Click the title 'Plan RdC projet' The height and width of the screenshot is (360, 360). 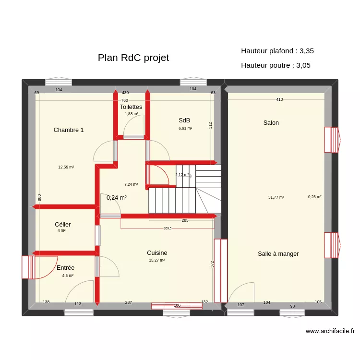pos(133,58)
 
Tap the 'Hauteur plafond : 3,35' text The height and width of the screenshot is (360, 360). pos(277,50)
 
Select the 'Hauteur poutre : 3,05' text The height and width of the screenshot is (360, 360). pos(276,65)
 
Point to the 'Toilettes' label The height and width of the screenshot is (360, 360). pos(131,107)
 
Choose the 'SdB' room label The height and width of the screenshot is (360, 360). pos(184,120)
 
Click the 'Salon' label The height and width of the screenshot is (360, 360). pos(271,123)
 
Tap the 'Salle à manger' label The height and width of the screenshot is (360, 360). pos(278,253)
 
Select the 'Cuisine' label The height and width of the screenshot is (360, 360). pos(157,252)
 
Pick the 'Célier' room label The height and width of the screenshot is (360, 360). pos(63,224)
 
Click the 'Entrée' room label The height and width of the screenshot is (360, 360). pos(65,267)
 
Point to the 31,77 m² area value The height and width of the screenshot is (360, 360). pos(276,197)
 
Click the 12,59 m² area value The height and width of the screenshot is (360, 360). pos(66,167)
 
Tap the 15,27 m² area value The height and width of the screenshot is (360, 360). pos(157,260)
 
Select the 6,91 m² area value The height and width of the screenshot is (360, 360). pos(185,128)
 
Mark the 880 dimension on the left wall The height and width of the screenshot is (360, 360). pos(39,197)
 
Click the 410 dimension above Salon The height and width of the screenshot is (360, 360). pos(279,99)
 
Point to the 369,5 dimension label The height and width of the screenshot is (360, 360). pos(168,228)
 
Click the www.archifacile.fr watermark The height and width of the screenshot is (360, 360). pos(330,331)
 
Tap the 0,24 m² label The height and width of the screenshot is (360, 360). pos(117,197)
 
